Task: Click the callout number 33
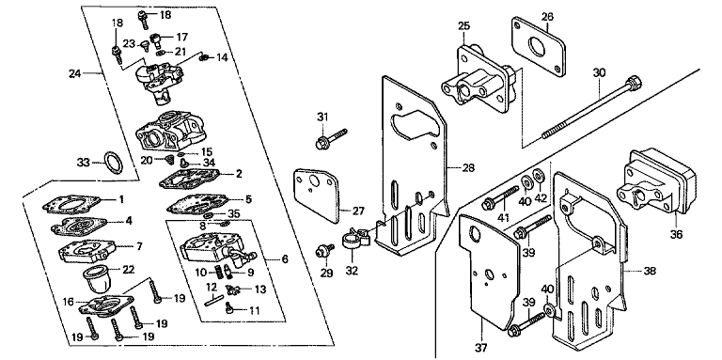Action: tap(84, 162)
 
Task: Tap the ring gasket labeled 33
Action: tap(114, 163)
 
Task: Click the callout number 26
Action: tap(547, 17)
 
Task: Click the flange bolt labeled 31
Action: tap(331, 138)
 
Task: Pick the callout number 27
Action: tap(358, 211)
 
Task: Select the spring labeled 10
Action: tap(220, 272)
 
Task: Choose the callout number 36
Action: tap(676, 234)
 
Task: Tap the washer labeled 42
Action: tap(538, 177)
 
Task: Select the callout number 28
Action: tap(468, 167)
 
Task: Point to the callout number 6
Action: tap(285, 259)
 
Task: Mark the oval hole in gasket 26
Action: tap(538, 46)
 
